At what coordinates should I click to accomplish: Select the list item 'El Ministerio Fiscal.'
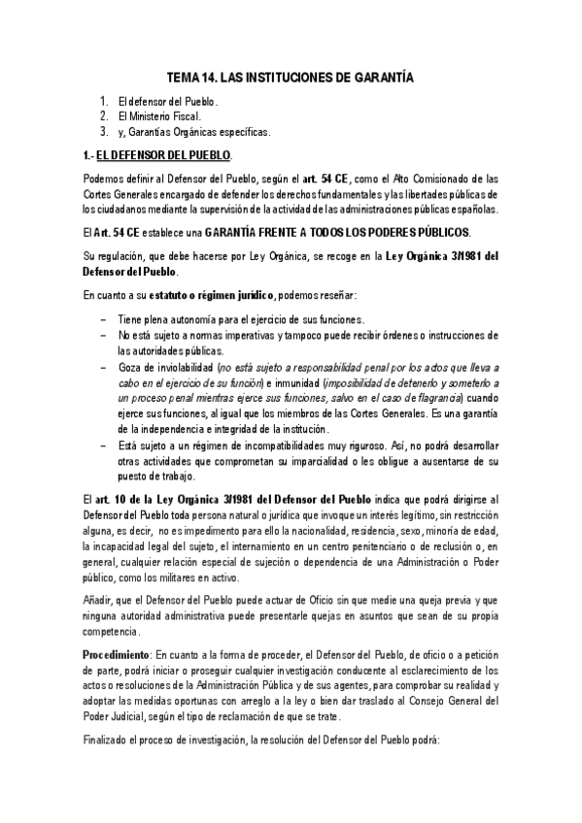pos(158,116)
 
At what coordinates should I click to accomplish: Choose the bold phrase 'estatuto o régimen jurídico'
pos(212,294)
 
